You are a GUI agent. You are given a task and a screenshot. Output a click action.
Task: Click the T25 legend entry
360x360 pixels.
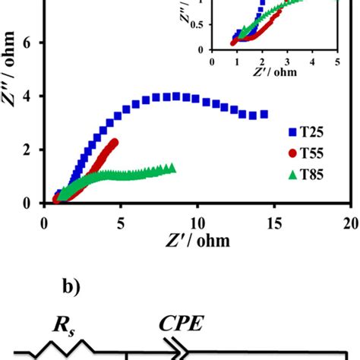[x=306, y=132]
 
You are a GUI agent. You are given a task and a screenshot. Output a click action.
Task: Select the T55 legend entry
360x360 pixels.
[x=306, y=153]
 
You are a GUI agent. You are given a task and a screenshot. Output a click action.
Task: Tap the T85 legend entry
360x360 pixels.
[x=306, y=175]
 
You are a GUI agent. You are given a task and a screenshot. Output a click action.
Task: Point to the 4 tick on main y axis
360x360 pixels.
[x=27, y=96]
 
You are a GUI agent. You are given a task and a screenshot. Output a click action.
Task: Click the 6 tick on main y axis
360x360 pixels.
[x=27, y=43]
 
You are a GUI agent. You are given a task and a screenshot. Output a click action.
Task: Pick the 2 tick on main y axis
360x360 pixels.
[x=27, y=150]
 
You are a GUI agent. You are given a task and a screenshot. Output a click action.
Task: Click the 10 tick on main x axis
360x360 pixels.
[x=197, y=224]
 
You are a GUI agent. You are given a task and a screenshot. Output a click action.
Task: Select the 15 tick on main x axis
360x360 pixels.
[x=274, y=224]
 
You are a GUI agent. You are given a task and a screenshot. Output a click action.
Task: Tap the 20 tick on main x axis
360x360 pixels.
[x=351, y=224]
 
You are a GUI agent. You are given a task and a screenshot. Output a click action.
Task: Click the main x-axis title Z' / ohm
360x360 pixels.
[x=198, y=241]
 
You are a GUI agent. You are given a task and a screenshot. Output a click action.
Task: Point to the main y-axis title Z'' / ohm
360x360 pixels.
[x=8, y=69]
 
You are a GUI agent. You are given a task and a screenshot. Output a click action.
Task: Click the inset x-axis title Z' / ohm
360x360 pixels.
[x=275, y=72]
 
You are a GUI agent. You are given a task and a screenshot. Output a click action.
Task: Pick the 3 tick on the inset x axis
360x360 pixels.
[x=287, y=62]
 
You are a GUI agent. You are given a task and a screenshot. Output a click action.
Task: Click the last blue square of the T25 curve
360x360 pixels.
[x=264, y=115]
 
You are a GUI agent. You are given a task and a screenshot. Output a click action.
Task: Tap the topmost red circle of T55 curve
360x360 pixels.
[x=115, y=142]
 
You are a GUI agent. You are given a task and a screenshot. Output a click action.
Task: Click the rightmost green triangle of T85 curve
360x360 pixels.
[x=172, y=168]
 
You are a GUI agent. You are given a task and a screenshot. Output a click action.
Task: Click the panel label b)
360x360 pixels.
[x=71, y=287]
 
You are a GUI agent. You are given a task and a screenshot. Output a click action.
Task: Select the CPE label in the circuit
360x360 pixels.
[x=182, y=324]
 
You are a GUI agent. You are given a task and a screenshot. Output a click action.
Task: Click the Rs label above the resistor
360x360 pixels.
[x=65, y=326]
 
